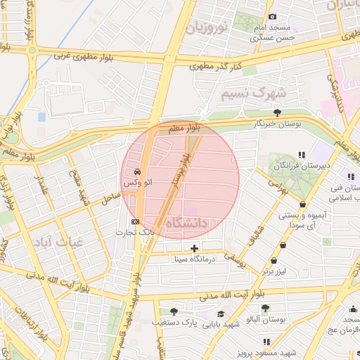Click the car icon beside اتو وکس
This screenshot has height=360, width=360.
click(x=136, y=172)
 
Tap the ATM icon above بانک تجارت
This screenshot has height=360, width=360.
click(x=135, y=221)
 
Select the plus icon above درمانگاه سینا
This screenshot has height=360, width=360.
click(x=194, y=247)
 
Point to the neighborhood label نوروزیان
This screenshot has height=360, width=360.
click(x=207, y=29)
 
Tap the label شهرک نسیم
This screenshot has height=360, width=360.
click(x=253, y=93)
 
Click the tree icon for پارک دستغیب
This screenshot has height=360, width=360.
click(x=174, y=311)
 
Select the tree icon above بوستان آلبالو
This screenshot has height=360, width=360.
click(x=265, y=308)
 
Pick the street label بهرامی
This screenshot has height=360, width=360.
click(x=273, y=185)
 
